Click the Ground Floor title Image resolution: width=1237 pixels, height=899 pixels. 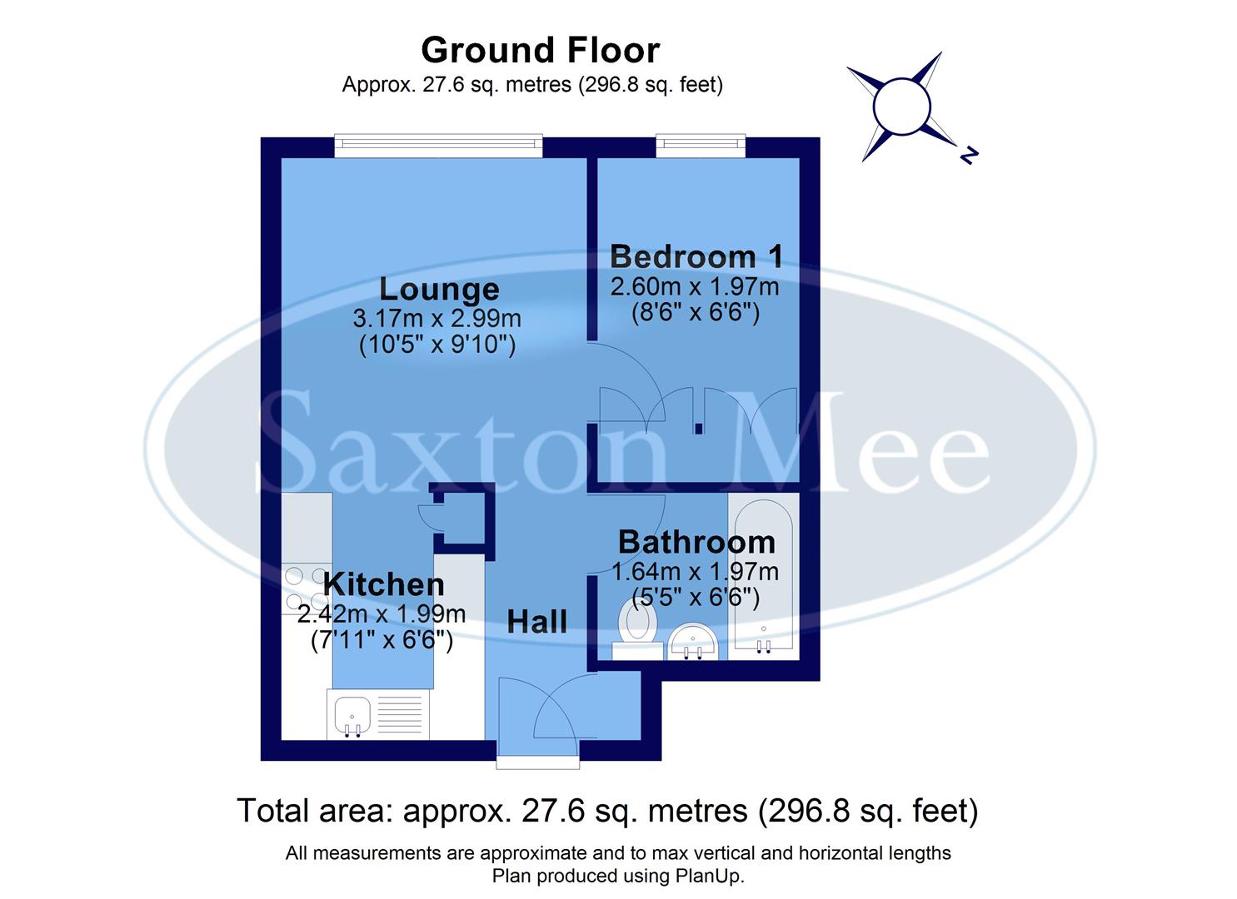coord(540,51)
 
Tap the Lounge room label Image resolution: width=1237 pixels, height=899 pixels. coord(439,289)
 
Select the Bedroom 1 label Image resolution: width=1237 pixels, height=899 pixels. coord(696,256)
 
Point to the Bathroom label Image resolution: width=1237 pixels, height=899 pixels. coord(696,543)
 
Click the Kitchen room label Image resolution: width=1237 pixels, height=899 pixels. coord(383,584)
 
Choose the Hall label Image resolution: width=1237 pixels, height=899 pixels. coord(537,621)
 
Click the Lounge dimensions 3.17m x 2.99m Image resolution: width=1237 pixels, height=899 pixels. coord(437,318)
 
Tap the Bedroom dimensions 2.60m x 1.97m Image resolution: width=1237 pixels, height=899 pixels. coord(695,287)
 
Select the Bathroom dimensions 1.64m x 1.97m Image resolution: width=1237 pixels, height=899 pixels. coord(695,572)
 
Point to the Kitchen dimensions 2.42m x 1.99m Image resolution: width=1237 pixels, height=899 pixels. coord(382,614)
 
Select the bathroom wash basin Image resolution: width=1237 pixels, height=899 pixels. coord(694,641)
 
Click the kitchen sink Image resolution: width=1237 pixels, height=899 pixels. coord(352,716)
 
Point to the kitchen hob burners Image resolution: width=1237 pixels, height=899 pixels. coord(307,588)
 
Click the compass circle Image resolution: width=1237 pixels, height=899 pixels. coord(900,106)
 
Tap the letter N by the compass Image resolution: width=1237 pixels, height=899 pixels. coord(967,154)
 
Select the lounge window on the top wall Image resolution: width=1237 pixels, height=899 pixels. coord(438,147)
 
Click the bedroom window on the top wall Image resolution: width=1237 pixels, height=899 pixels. coord(700,147)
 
